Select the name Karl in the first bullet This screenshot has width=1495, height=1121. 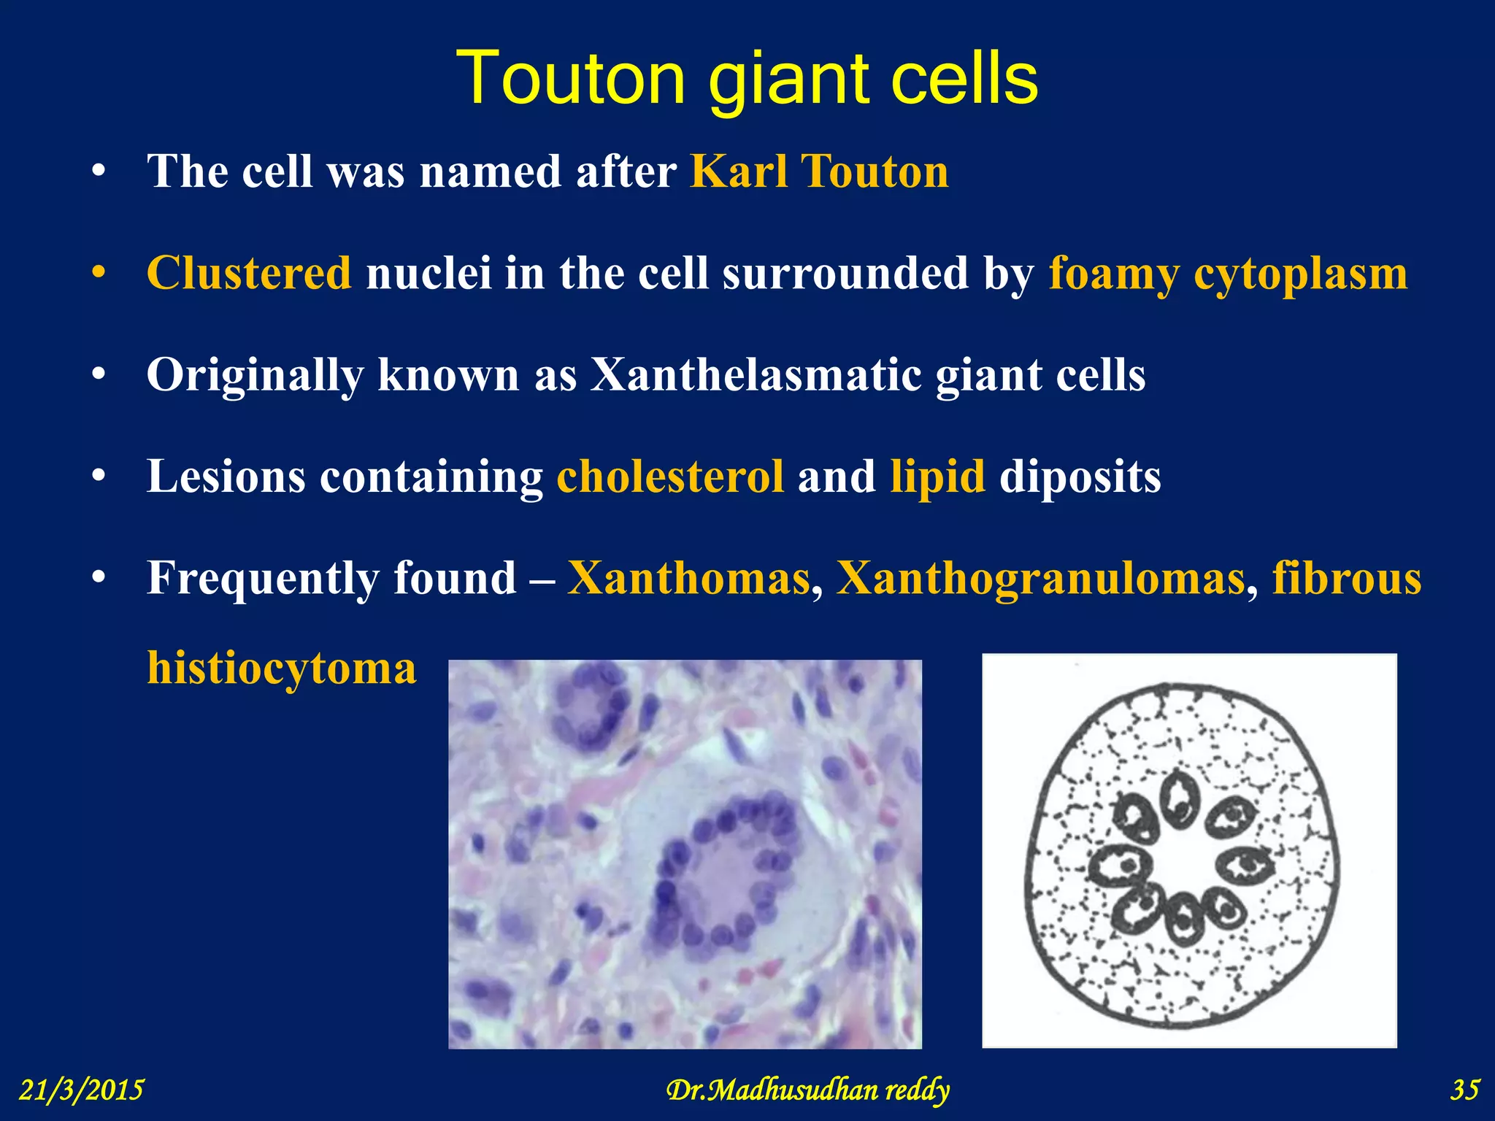[739, 172]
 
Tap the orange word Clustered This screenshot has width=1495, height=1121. [249, 274]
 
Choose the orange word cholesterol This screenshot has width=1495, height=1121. [670, 477]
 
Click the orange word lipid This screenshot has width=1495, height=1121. [937, 477]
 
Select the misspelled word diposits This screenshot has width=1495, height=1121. [1080, 477]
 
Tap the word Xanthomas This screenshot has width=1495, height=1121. [689, 578]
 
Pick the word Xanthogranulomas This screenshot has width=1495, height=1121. [1040, 579]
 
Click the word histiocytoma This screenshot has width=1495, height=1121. [282, 668]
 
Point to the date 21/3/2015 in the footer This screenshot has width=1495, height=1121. [81, 1090]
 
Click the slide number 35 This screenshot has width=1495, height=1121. [1464, 1090]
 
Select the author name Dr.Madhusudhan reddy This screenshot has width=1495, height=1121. [807, 1090]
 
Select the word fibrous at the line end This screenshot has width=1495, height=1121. [1347, 579]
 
